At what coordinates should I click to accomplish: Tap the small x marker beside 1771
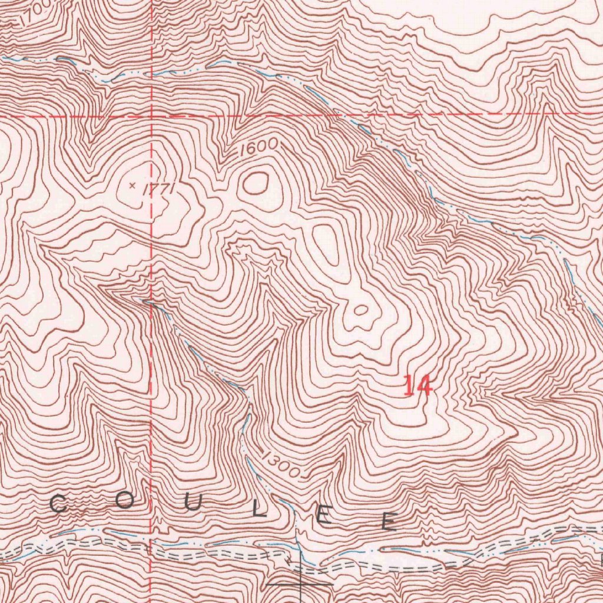point(132,185)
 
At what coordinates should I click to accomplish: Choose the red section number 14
point(418,387)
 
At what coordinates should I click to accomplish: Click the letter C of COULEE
point(58,504)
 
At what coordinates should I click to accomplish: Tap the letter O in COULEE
point(124,501)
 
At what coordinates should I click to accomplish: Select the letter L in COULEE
point(260,509)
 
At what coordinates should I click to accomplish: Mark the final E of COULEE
point(388,521)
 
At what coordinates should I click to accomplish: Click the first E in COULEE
point(324,516)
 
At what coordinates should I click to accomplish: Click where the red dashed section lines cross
point(152,115)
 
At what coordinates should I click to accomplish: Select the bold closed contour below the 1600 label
point(256,183)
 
